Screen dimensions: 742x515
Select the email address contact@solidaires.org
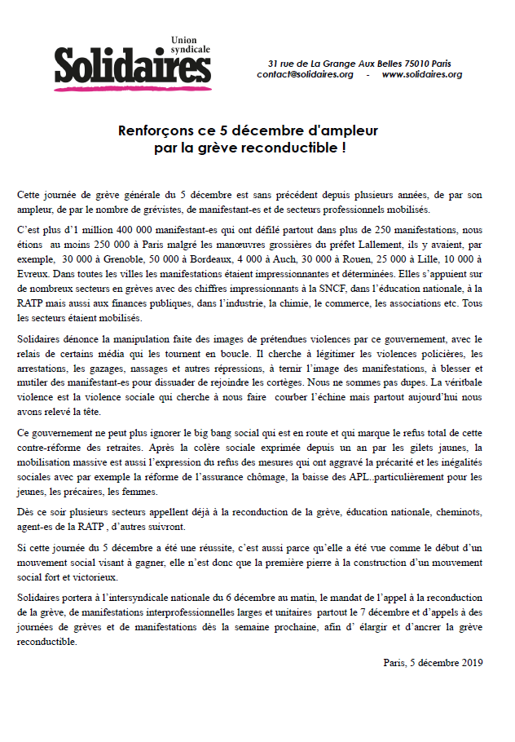click(305, 74)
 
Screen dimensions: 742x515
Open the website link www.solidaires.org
click(421, 74)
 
